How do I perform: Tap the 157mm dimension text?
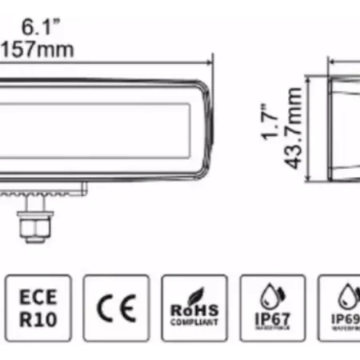coord(38,50)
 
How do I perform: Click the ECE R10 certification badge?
coord(38,308)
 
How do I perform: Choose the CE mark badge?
coord(116,308)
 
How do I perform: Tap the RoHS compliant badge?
coord(194,308)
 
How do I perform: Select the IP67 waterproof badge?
coord(273,308)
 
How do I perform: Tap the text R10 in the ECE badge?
coord(38,320)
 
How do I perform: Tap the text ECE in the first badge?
coord(38,297)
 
